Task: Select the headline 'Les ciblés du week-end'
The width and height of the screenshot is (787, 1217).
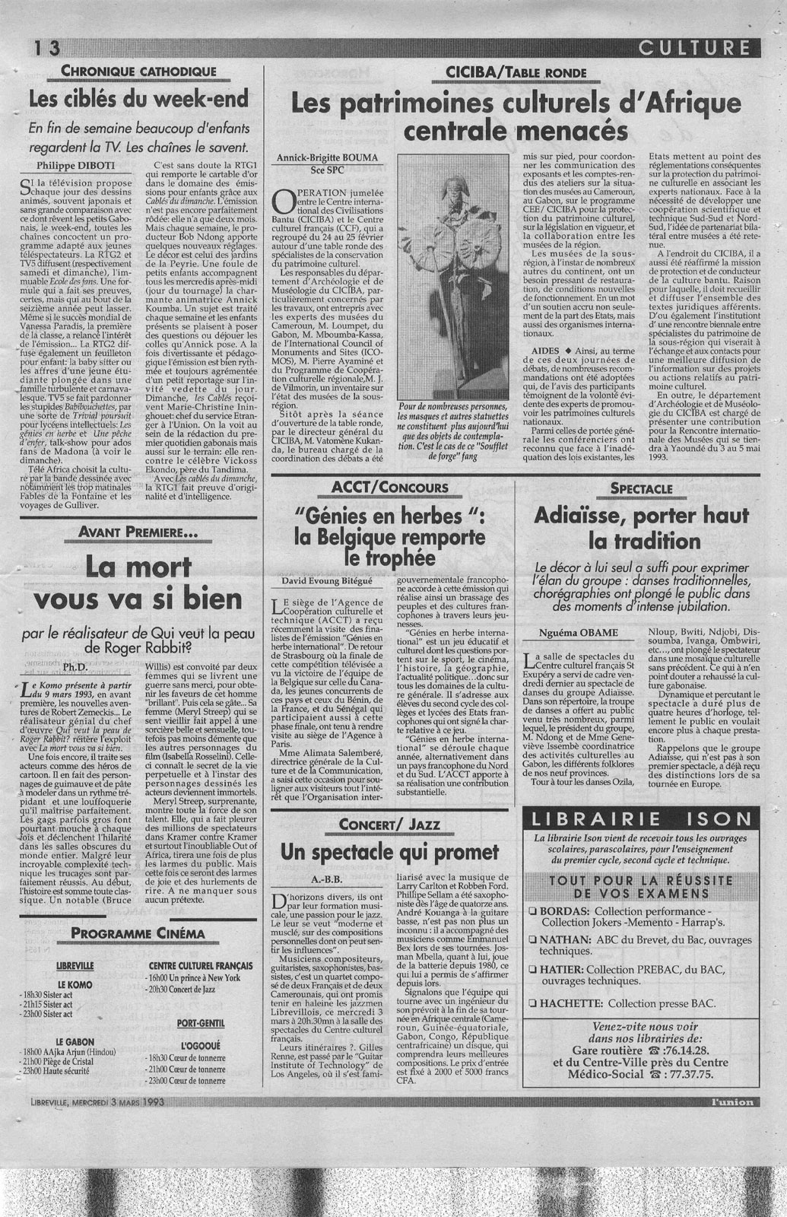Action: point(139,99)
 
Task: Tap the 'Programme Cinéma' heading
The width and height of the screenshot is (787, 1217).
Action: point(138,933)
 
